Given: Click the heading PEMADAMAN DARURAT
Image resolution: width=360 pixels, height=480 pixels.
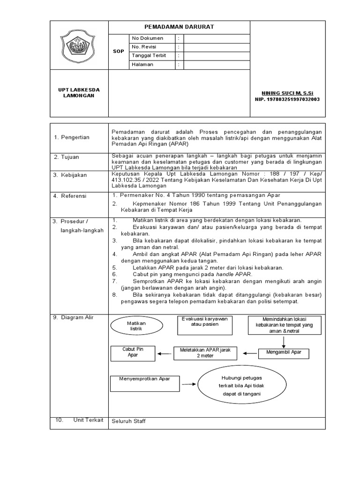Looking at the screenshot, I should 180,27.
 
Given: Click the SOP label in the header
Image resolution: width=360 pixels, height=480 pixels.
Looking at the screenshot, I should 119,51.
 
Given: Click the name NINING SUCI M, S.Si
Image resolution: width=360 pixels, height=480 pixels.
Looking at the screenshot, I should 283,93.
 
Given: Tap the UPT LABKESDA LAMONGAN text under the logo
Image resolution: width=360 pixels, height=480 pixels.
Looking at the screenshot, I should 79,92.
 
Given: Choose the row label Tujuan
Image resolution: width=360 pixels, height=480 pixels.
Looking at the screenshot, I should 71,157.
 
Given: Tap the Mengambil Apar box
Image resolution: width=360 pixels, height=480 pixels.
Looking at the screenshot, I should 284,352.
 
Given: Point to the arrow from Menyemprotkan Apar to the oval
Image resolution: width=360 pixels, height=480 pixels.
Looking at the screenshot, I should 189,383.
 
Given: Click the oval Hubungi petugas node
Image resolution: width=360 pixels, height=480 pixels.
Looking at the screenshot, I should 236,385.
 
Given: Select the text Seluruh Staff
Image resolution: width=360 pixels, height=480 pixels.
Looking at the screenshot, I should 128,421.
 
